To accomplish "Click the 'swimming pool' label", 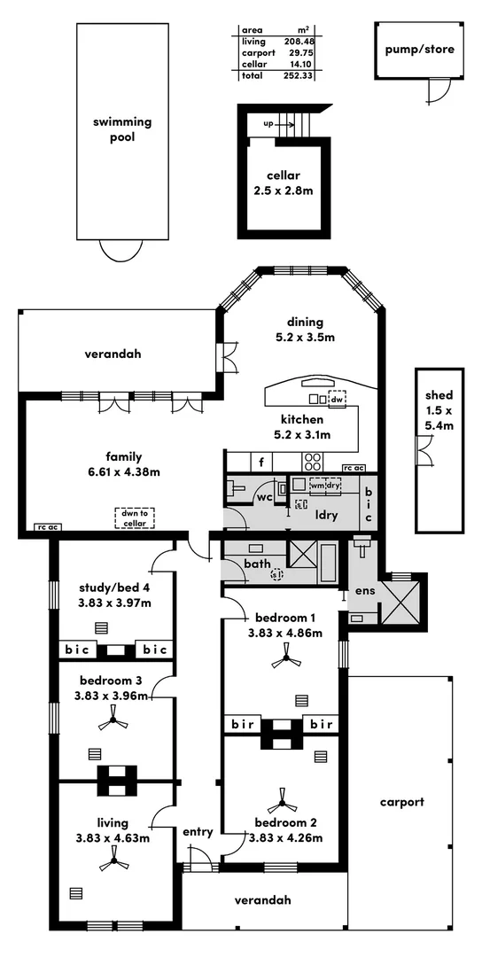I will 122,129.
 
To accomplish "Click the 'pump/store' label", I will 419,49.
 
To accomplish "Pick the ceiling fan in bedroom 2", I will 285,804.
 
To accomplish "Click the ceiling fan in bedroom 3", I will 113,722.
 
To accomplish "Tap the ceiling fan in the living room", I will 113,855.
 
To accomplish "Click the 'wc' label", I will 263,498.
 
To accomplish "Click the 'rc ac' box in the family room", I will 46,527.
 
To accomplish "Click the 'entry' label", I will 198,831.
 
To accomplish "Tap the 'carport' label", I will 401,802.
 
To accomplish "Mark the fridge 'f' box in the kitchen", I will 262,461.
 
